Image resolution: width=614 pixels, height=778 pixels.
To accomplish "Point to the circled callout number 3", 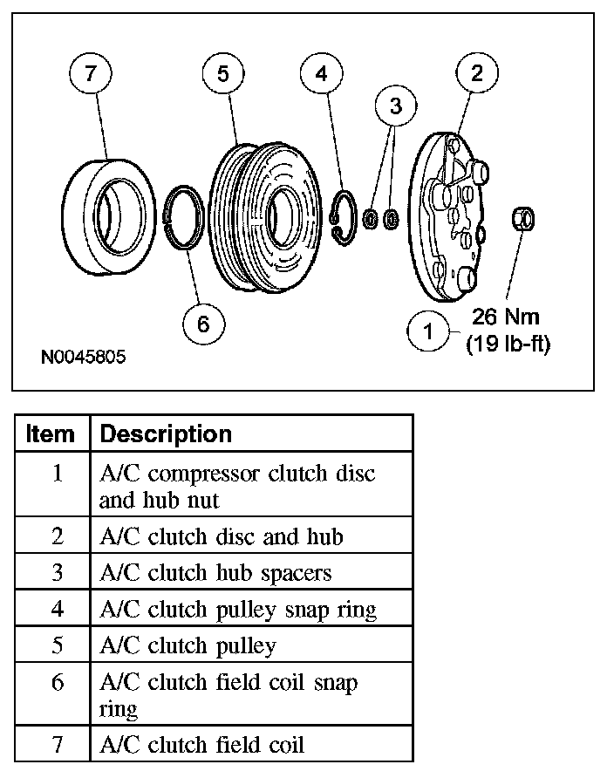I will [396, 107].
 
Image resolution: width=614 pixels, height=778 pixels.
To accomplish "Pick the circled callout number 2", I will [476, 73].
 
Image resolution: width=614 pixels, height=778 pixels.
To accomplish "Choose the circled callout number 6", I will [203, 324].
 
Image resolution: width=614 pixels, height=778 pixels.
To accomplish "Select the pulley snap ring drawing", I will [342, 217].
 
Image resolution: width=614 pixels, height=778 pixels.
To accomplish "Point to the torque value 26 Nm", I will [507, 316].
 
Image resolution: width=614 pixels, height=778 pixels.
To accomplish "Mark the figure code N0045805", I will [83, 358].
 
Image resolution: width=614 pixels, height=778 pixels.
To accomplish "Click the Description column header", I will [166, 434].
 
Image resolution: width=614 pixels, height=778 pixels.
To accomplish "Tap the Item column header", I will [51, 434].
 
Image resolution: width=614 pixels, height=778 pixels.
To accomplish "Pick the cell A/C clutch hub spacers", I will [216, 572].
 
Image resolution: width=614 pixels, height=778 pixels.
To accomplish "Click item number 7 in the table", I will [57, 744].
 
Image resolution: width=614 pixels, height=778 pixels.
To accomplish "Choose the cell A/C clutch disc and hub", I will [222, 536].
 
